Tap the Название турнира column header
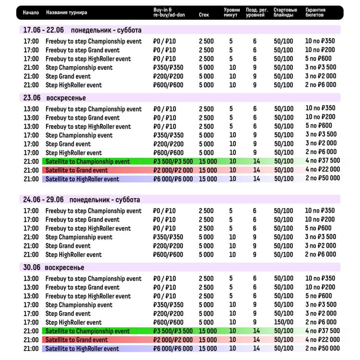click(x=66, y=13)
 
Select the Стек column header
click(x=204, y=15)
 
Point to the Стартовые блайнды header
click(x=285, y=13)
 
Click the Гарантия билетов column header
click(x=315, y=13)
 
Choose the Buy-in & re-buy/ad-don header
click(x=169, y=13)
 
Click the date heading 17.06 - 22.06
click(x=44, y=30)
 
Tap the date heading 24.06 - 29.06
click(x=44, y=200)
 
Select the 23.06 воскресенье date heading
click(x=54, y=98)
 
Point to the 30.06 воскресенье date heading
click(x=54, y=268)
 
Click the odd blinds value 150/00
click(x=283, y=322)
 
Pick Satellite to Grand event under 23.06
click(x=77, y=171)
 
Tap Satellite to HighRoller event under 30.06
click(x=82, y=349)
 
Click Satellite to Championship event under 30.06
click(x=88, y=331)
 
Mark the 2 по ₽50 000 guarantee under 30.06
click(x=322, y=348)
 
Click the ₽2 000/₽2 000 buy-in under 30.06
click(x=173, y=340)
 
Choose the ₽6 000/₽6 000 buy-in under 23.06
click(x=173, y=179)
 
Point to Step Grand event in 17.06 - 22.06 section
click(x=68, y=77)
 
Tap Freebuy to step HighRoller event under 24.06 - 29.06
click(x=88, y=229)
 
